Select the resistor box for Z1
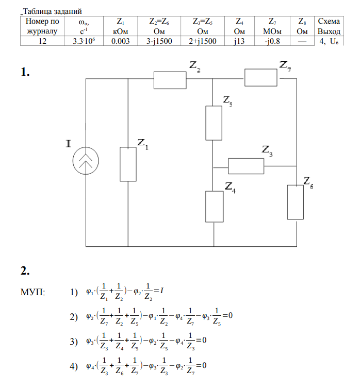[x=127, y=164]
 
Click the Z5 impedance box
[x=214, y=123]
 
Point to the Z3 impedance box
[x=246, y=166]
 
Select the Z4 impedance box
[x=214, y=206]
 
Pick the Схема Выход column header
[x=329, y=26]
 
